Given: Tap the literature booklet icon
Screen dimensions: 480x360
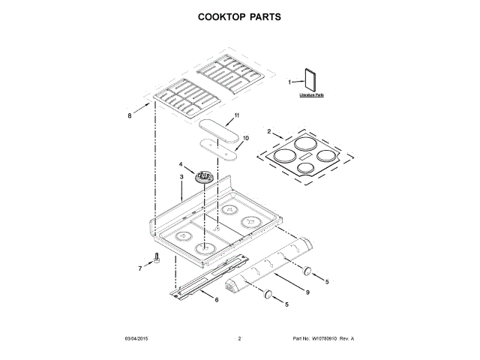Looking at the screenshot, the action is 310,80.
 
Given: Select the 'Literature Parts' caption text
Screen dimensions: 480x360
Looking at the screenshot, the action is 311,96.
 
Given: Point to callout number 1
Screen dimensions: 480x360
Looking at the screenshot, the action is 290,82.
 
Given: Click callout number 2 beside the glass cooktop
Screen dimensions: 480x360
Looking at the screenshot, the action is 269,131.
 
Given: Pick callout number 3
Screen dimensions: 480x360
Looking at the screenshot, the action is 181,177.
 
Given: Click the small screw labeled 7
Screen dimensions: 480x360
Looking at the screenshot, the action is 157,258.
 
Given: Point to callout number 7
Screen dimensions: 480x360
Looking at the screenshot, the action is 139,268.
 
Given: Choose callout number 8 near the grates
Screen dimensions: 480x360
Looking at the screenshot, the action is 128,115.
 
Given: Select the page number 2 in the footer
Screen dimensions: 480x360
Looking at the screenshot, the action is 239,339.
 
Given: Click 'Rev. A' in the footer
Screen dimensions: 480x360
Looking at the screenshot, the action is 346,339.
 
